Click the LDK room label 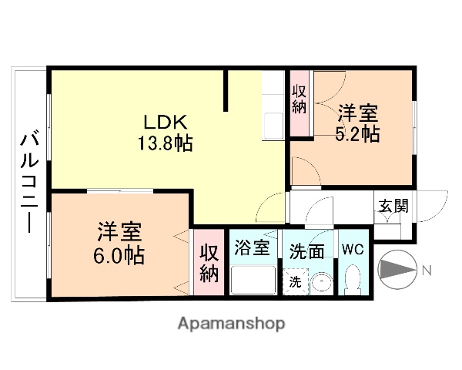point(162,123)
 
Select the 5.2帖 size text point(357,134)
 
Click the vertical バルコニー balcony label point(30,183)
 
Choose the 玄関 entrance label point(393,206)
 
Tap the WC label point(353,249)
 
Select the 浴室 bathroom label point(252,249)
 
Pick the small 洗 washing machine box point(296,281)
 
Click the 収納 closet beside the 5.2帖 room point(300,99)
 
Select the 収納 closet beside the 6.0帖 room point(209,262)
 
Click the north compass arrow point(397,270)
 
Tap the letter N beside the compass point(426,270)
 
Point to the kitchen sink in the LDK point(273,124)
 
